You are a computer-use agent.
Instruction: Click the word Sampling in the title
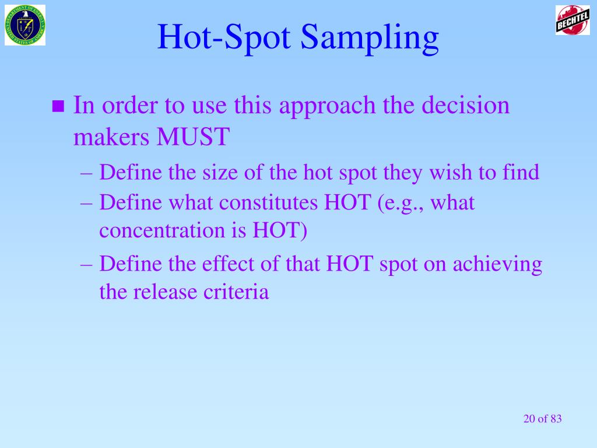coord(370,37)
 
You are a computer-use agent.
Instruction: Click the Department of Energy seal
coord(25,25)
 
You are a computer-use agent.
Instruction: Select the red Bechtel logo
coord(573,20)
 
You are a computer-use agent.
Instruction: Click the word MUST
coord(192,138)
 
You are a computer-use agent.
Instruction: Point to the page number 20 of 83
coord(542,418)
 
